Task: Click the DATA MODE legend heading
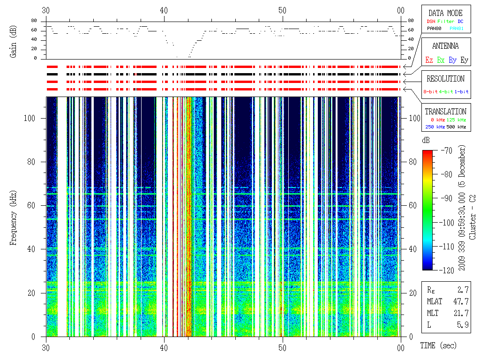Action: point(445,13)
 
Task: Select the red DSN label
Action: point(431,21)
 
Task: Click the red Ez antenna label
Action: point(429,60)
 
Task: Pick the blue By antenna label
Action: point(452,60)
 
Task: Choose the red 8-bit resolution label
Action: point(430,91)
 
